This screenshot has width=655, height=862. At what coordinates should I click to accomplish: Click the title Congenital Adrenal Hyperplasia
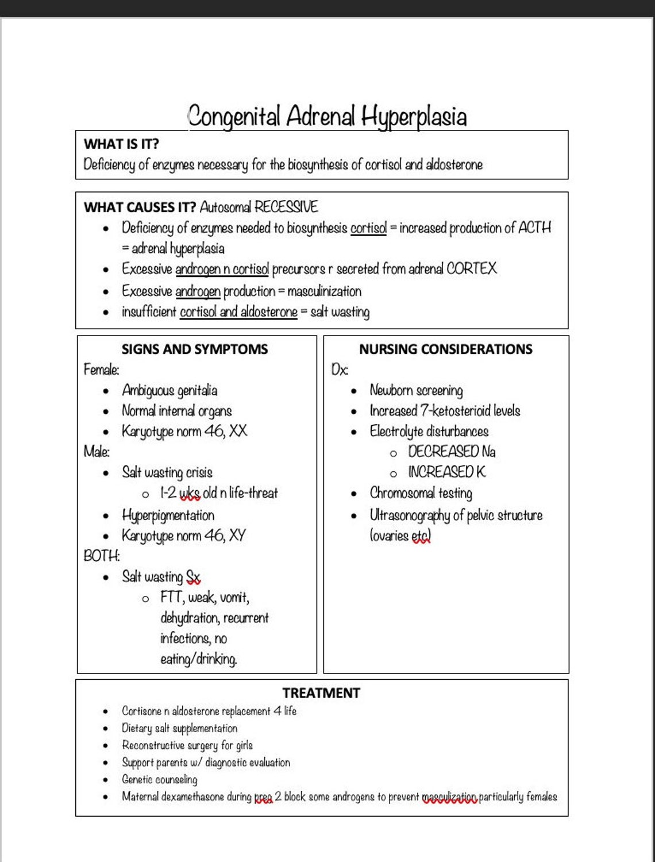327,117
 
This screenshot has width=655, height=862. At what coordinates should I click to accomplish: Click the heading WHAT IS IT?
121,144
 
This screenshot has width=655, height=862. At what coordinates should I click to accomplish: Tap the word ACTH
534,228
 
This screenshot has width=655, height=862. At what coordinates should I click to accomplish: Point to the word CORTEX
471,268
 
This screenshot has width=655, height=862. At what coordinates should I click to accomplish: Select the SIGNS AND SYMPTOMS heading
194,349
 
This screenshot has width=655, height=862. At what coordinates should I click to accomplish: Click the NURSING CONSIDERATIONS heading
445,349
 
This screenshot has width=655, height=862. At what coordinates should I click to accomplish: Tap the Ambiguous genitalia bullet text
169,391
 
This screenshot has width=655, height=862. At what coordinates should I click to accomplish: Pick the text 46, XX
226,431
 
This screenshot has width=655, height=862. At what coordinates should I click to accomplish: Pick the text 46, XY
225,536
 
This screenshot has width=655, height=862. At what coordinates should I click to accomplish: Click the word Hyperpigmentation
168,515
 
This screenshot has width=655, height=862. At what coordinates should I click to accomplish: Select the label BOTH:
102,556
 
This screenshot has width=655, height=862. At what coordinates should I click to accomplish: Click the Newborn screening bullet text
416,391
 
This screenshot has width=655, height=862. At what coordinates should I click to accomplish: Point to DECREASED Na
452,452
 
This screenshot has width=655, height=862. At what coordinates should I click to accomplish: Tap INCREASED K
446,472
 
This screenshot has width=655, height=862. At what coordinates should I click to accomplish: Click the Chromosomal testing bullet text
421,493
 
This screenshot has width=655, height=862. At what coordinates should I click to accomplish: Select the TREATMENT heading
321,693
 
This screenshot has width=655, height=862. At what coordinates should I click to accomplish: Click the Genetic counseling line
159,779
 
